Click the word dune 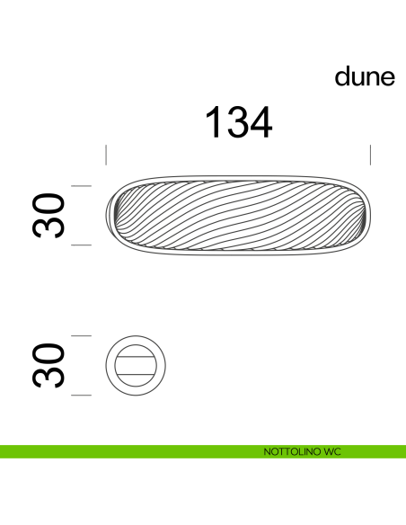(x=365, y=77)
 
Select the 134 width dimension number (x=238, y=123)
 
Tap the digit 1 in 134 (x=214, y=123)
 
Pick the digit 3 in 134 (x=237, y=123)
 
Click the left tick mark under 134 (x=106, y=154)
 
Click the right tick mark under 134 (x=369, y=154)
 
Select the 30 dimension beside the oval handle (x=51, y=214)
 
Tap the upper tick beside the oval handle (x=82, y=184)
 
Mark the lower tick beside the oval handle (x=82, y=244)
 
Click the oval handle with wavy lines (x=238, y=214)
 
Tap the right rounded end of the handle (x=363, y=214)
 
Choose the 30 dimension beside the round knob (x=51, y=365)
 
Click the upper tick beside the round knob (x=82, y=335)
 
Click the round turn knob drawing (x=137, y=365)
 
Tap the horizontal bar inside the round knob (x=137, y=365)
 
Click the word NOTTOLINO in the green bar (x=287, y=450)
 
